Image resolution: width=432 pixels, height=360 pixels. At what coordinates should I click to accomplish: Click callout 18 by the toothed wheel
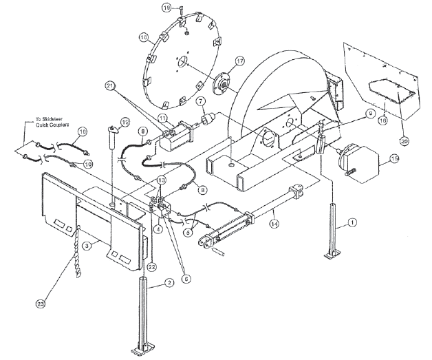pyautogui.click(x=144, y=37)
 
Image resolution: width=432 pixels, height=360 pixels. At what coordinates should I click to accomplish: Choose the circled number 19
pyautogui.click(x=166, y=8)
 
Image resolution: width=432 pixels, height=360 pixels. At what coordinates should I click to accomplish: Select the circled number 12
pyautogui.click(x=124, y=122)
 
